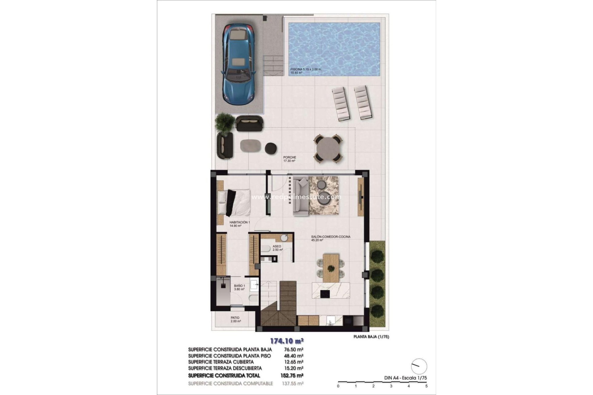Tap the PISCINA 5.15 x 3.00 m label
[x=306, y=69]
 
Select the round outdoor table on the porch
[x=328, y=148]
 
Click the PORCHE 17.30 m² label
[x=289, y=159]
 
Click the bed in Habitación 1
[x=234, y=202]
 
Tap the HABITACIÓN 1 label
[x=239, y=222]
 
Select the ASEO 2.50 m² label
[x=277, y=248]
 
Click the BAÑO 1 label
[x=239, y=286]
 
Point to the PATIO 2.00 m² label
[x=235, y=319]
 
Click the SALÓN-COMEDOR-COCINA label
[x=330, y=237]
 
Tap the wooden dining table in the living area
[x=331, y=268]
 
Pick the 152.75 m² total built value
[x=293, y=376]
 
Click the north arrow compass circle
[x=419, y=366]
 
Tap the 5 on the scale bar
[x=427, y=386]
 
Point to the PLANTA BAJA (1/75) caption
[x=371, y=337]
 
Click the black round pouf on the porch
[x=271, y=148]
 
